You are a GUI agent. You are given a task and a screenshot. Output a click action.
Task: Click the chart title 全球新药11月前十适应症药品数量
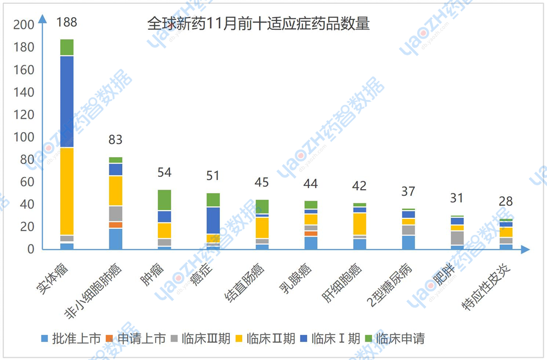click(258, 24)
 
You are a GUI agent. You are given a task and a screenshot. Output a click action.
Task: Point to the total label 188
click(67, 23)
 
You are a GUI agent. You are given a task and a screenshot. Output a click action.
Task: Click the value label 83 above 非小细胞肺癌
click(115, 140)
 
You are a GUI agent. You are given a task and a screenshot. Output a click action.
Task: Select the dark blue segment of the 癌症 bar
click(213, 220)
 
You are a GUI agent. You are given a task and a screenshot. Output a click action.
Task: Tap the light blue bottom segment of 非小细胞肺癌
click(115, 238)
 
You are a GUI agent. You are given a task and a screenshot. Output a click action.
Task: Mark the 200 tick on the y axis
click(23, 25)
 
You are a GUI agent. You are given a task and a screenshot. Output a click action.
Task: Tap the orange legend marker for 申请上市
click(109, 338)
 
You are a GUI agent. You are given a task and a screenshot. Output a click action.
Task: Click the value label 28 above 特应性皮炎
click(505, 201)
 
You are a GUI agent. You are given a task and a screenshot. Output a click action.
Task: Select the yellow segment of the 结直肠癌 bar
click(262, 227)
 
